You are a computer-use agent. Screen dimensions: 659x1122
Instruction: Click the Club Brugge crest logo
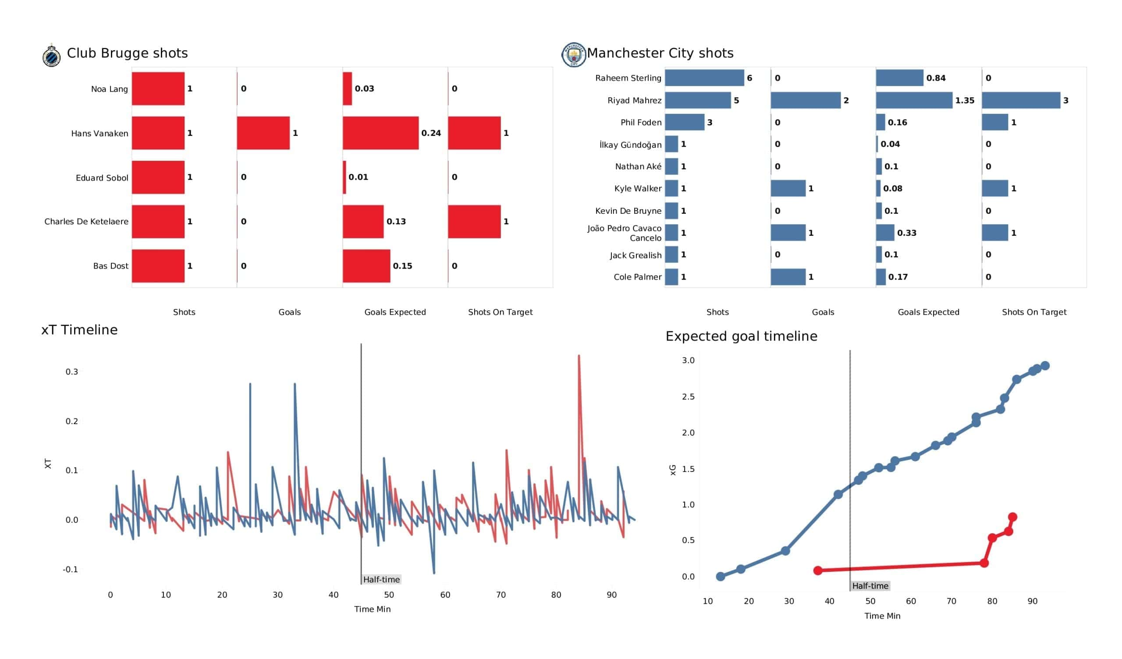pos(52,56)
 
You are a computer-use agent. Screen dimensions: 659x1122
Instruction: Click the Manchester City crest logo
pos(573,55)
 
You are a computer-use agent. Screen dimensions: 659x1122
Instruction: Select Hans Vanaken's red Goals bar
pos(263,133)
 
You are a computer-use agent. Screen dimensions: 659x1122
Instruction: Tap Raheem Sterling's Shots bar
pos(704,78)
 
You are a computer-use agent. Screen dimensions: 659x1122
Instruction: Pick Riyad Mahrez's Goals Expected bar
pos(914,100)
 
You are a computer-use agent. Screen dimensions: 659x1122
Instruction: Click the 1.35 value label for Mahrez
pos(964,101)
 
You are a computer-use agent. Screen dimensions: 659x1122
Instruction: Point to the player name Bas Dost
pos(110,266)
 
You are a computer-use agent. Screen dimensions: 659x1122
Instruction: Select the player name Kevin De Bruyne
pos(628,211)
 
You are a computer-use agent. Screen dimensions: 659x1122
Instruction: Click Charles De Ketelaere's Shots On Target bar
pos(474,222)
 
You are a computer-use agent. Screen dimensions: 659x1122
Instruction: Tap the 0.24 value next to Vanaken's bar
pos(431,133)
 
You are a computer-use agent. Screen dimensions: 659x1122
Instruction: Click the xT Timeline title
pos(80,330)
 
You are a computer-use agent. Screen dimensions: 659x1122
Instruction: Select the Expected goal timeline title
pos(741,336)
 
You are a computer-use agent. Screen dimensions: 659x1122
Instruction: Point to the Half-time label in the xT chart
pos(381,580)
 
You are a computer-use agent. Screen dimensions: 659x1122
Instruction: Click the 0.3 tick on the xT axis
pos(72,372)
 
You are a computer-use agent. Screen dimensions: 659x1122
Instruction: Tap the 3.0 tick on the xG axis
pos(688,360)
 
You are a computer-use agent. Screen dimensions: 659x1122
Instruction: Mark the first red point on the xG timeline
pos(818,571)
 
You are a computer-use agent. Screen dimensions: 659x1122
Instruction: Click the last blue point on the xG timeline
pos(1045,365)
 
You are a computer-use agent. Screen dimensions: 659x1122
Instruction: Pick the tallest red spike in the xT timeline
pos(579,356)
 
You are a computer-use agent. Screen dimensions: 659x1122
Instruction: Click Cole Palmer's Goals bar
pos(788,277)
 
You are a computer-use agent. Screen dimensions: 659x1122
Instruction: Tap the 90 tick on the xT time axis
pos(611,595)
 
